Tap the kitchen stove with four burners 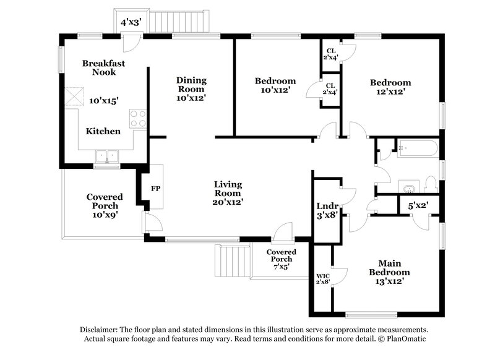click(138, 118)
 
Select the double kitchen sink click(106, 156)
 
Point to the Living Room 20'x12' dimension click(228, 202)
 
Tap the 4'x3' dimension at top click(131, 22)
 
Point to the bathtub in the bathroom click(418, 148)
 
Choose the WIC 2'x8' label click(323, 278)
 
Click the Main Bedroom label click(389, 268)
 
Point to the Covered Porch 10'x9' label click(104, 206)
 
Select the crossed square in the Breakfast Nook click(75, 97)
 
